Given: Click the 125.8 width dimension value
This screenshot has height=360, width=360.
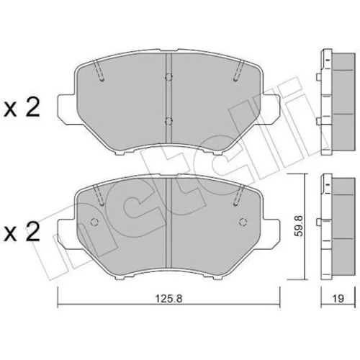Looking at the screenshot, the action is click(x=169, y=298).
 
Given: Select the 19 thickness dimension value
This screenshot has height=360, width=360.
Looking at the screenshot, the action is click(x=338, y=299).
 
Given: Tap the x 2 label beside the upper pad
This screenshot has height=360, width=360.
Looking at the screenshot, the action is click(x=22, y=108).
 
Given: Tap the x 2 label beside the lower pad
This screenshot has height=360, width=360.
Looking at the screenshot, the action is click(x=22, y=231).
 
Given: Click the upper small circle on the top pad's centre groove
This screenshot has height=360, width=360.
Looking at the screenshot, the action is click(x=168, y=77).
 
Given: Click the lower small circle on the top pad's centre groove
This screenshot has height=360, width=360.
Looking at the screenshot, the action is click(x=168, y=122).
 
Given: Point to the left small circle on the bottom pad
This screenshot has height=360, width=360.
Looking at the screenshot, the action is click(x=94, y=222).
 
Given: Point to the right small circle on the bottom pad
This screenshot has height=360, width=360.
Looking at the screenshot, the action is click(x=243, y=222).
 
